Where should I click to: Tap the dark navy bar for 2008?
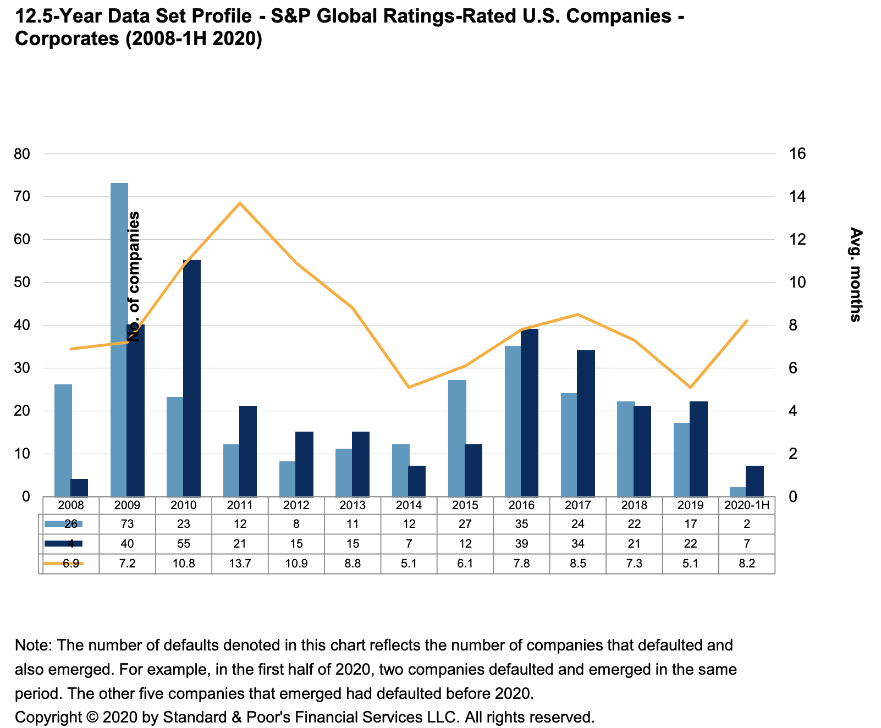(x=79, y=488)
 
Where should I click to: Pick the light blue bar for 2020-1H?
(x=738, y=492)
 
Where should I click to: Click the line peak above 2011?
(x=240, y=203)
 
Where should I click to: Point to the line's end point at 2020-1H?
(x=747, y=321)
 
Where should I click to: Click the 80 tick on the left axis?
(x=22, y=154)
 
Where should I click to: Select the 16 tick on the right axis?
(x=797, y=154)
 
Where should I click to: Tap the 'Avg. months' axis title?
(x=855, y=274)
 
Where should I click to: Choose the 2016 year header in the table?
(x=521, y=505)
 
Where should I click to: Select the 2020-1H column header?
(x=747, y=505)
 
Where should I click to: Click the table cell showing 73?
(x=127, y=524)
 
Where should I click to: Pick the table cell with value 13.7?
(x=240, y=564)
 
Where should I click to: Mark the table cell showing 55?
(x=184, y=544)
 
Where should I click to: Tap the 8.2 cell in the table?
(x=747, y=564)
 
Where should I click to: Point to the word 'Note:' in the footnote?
(x=34, y=645)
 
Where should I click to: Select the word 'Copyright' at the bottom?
(x=48, y=717)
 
